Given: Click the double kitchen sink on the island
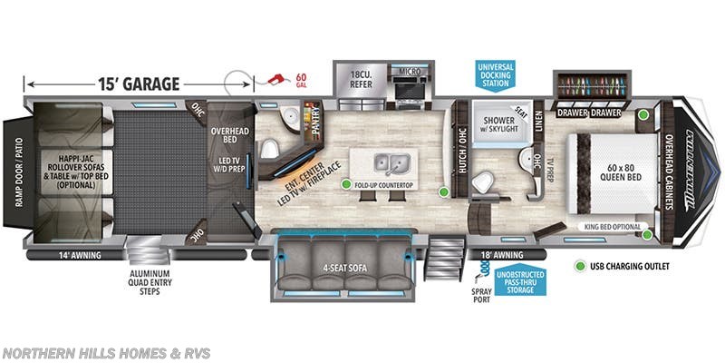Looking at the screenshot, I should (x=391, y=163).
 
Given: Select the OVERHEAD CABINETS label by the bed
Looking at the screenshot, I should (x=670, y=172).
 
